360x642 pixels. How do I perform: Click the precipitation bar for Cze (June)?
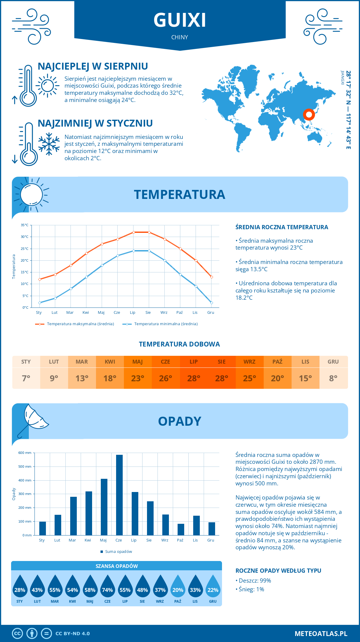tap(119, 495)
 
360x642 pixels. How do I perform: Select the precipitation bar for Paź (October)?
tap(181, 529)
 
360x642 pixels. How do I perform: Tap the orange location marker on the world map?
tap(309, 114)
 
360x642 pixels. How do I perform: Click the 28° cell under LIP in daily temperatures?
tap(193, 378)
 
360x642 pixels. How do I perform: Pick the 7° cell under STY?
tap(26, 378)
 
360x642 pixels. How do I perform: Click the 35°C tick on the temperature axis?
tap(25, 225)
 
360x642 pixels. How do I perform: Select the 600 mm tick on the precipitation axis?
tap(25, 453)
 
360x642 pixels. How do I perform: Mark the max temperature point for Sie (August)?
tap(149, 232)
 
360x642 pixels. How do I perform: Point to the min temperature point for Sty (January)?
tap(40, 303)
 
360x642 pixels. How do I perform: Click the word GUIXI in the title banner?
tap(180, 20)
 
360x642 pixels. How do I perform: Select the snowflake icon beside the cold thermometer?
tap(49, 144)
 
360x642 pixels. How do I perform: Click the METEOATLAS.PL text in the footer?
tap(321, 634)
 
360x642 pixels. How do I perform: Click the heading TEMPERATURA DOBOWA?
tap(179, 344)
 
